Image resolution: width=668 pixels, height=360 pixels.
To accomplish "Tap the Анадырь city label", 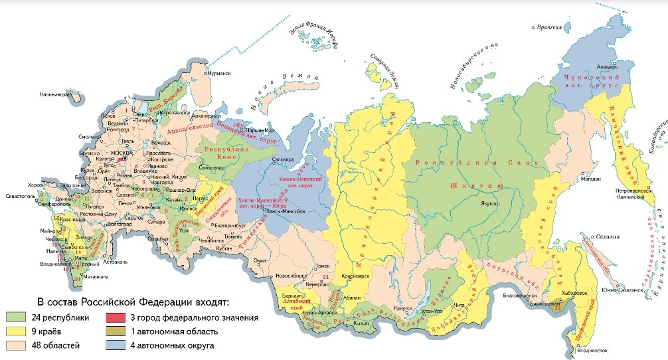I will [x=609, y=66].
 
